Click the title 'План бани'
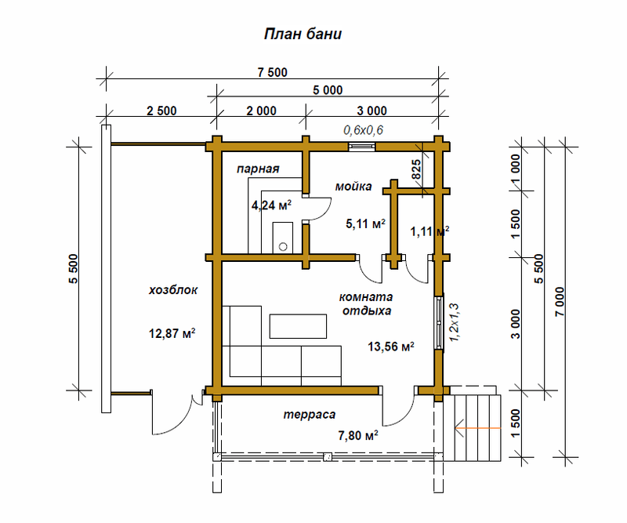(x=301, y=35)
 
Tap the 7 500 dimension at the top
(x=272, y=72)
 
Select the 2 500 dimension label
(x=161, y=110)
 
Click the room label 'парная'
(x=258, y=169)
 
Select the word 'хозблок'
(x=173, y=289)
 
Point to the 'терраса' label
(x=310, y=413)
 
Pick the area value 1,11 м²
(x=429, y=231)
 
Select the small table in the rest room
(x=298, y=325)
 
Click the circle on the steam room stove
(x=283, y=245)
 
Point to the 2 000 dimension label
(x=261, y=110)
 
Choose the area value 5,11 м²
(x=365, y=224)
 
